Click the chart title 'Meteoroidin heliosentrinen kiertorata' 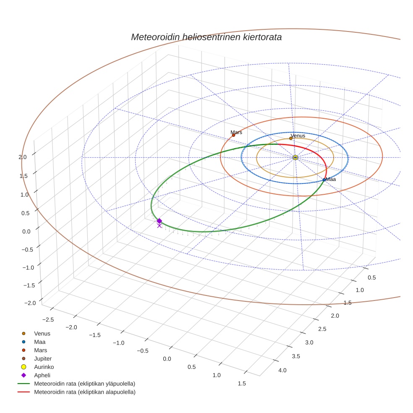(x=206, y=37)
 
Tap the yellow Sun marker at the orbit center (x=295, y=157)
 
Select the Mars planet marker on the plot (x=233, y=135)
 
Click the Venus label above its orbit (x=298, y=136)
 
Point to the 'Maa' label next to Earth (x=331, y=179)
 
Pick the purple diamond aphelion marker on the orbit (x=159, y=221)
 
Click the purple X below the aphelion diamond (x=159, y=226)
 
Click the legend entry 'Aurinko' (x=44, y=367)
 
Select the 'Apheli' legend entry (x=42, y=375)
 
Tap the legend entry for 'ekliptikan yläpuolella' (x=84, y=384)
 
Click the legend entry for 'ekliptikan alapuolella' (x=84, y=392)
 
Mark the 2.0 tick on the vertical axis (x=23, y=157)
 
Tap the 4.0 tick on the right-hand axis (x=282, y=370)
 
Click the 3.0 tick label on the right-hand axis (x=308, y=342)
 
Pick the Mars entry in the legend (x=40, y=350)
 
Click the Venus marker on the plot (x=291, y=138)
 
